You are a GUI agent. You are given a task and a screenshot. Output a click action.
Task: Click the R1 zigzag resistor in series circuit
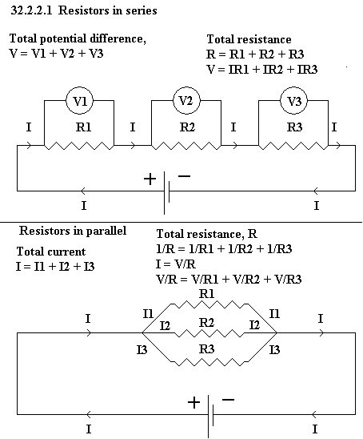pos(79,146)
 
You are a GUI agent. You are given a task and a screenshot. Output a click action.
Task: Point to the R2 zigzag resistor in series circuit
pos(186,146)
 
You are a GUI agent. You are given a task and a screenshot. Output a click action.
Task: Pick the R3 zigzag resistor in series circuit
pos(293,146)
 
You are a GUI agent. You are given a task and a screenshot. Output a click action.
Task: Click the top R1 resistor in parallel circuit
pos(209,304)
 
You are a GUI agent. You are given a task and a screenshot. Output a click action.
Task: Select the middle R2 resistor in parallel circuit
pos(209,333)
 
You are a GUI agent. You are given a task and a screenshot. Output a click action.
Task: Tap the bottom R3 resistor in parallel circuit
pos(209,362)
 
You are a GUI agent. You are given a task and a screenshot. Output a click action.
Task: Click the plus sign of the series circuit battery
pos(150,179)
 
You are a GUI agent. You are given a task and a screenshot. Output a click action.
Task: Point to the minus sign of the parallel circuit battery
pos(229,400)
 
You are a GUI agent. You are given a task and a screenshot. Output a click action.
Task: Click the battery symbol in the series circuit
pos(166,193)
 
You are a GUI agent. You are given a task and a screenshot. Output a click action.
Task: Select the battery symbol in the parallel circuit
pos(211,417)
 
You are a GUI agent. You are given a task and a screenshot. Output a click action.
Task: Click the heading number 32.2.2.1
pos(31,10)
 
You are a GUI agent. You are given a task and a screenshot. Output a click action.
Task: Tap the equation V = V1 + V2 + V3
pos(57,53)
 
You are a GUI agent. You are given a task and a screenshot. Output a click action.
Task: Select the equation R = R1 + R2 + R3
pos(255,54)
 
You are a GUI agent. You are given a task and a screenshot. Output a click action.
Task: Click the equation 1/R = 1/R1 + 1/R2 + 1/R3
pos(224,249)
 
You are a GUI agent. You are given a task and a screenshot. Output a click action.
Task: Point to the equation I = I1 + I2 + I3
pos(55,267)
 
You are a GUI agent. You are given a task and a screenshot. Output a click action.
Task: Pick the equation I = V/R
pos(176,264)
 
